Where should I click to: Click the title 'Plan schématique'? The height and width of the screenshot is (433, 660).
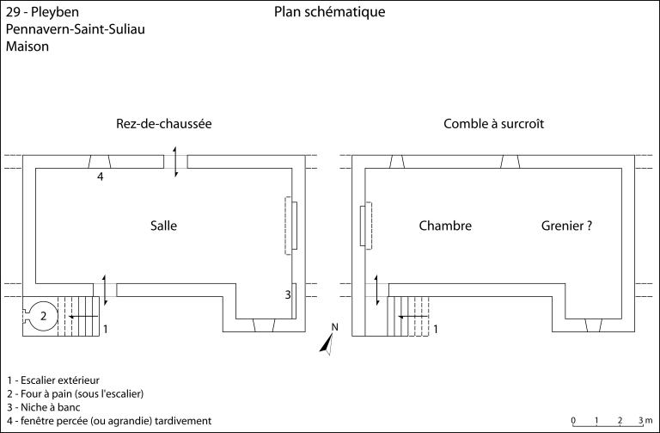(330, 12)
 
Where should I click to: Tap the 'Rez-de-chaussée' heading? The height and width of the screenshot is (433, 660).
(163, 124)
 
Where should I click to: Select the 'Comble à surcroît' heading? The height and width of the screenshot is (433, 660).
(493, 124)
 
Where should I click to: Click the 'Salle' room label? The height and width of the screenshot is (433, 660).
(163, 226)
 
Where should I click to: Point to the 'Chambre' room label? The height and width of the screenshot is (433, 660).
(445, 226)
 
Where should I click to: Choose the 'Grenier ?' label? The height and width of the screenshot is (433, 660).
(567, 226)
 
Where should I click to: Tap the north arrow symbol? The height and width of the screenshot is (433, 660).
(328, 342)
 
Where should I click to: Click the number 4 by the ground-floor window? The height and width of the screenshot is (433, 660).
(101, 177)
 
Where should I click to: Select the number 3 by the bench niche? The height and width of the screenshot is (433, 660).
(289, 294)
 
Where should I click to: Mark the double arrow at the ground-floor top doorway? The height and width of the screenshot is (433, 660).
(176, 162)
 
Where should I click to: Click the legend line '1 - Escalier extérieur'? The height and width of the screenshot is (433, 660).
(52, 380)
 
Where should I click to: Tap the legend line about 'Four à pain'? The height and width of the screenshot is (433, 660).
(74, 393)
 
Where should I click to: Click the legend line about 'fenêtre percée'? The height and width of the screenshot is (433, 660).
(108, 420)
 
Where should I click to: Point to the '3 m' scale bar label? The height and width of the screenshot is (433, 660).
(645, 420)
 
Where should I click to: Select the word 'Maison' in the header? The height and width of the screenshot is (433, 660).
(27, 47)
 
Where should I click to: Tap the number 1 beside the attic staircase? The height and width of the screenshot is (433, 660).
(436, 329)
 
